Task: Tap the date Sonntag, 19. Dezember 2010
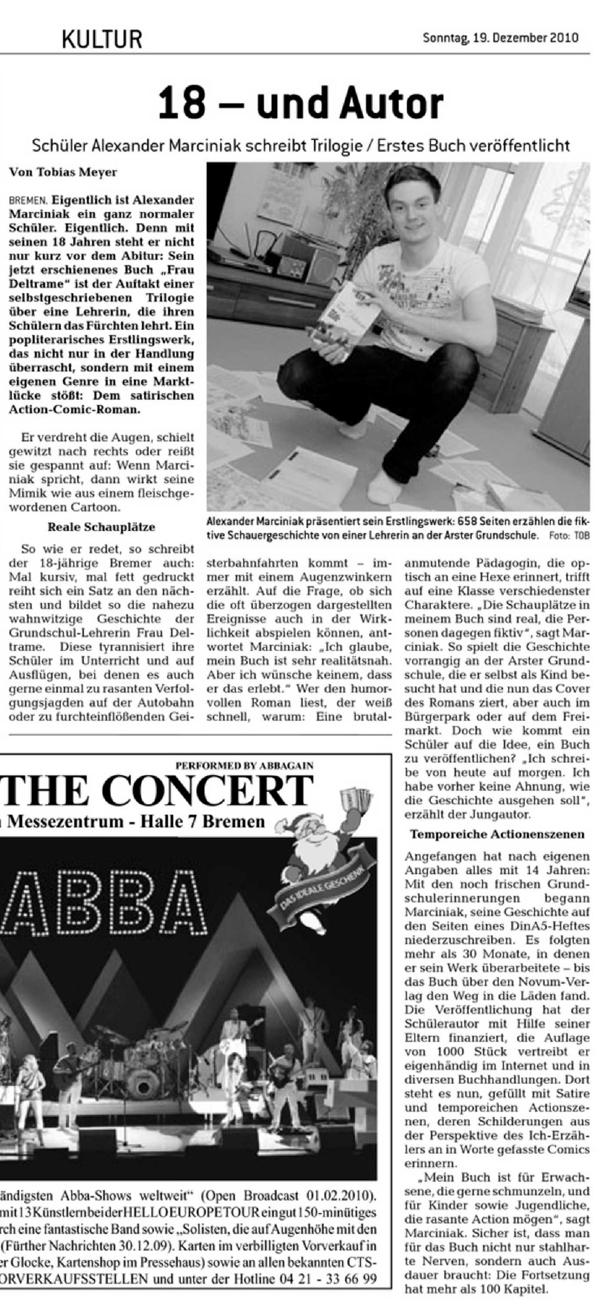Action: [x=500, y=38]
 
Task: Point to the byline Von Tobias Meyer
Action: [x=63, y=172]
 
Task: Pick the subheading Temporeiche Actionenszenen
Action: [x=497, y=834]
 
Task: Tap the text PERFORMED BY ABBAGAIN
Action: [x=244, y=765]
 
